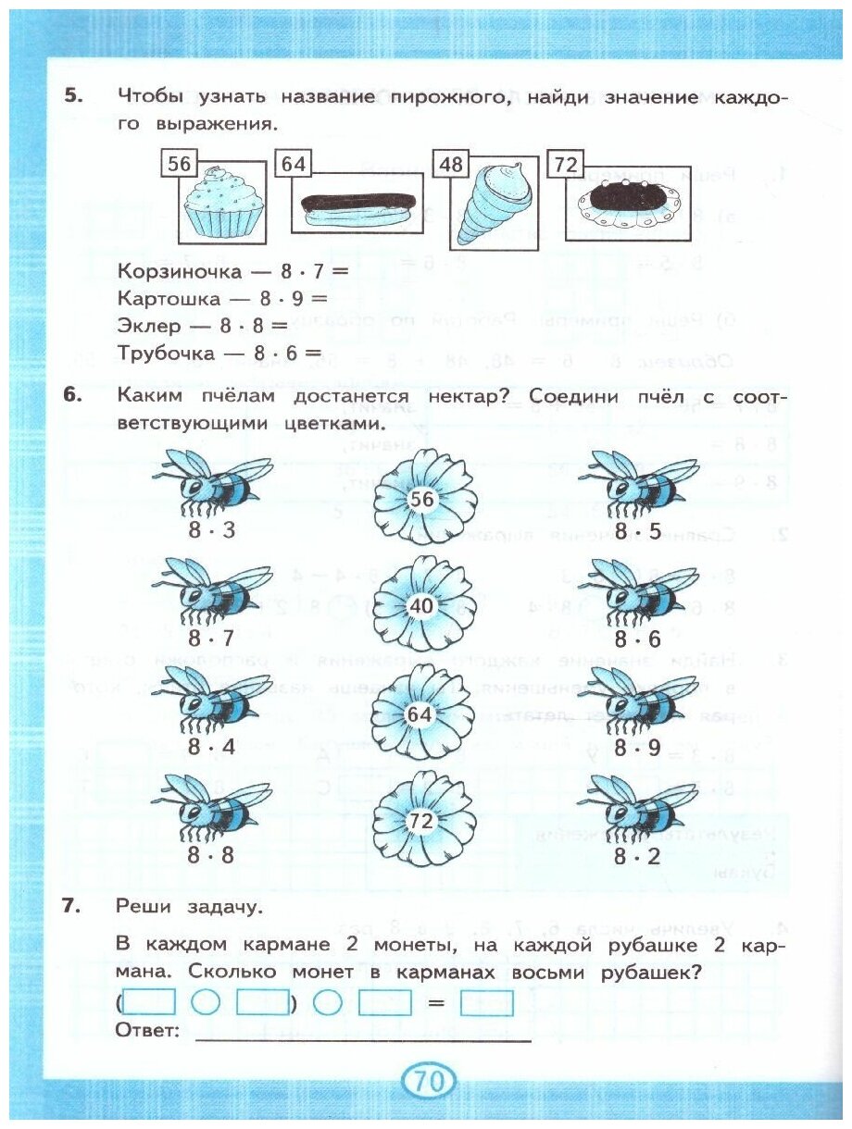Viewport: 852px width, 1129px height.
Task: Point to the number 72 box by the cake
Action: [x=564, y=165]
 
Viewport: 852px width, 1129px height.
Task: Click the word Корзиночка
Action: [x=176, y=272]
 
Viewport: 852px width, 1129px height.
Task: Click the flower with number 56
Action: [x=421, y=500]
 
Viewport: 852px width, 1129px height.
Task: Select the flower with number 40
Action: [x=421, y=606]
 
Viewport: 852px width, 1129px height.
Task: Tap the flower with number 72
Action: [x=421, y=821]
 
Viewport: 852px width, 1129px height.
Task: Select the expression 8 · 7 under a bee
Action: [x=211, y=639]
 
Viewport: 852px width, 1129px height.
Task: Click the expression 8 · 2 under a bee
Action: [x=637, y=855]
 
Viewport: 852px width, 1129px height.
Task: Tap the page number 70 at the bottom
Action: [x=427, y=1080]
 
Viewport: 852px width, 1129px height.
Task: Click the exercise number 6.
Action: [x=73, y=395]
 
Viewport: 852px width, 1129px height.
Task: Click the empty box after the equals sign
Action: [x=486, y=1004]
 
